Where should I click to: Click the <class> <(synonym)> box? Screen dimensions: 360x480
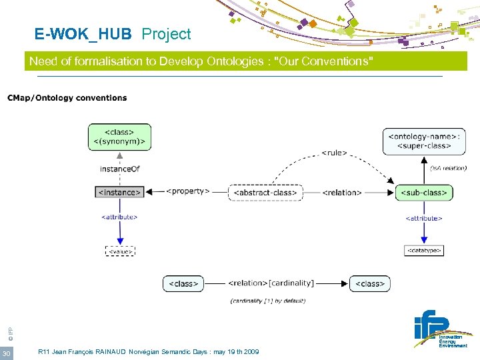pyautogui.click(x=120, y=137)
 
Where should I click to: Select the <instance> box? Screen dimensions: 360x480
pyautogui.click(x=120, y=192)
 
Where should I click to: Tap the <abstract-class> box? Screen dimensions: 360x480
pyautogui.click(x=265, y=193)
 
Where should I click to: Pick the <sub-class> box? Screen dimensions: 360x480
pyautogui.click(x=424, y=193)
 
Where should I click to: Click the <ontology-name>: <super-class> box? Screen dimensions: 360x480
pyautogui.click(x=424, y=141)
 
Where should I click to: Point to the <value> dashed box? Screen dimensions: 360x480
pyautogui.click(x=120, y=251)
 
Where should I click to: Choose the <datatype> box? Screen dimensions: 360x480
pyautogui.click(x=424, y=251)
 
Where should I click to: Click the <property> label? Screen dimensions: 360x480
pyautogui.click(x=187, y=191)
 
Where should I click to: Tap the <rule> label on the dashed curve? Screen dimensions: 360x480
pyautogui.click(x=334, y=153)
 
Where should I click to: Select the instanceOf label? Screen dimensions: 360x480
pyautogui.click(x=120, y=169)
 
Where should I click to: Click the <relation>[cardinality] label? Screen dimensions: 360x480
pyautogui.click(x=271, y=283)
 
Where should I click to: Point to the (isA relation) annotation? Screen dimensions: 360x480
pyautogui.click(x=448, y=168)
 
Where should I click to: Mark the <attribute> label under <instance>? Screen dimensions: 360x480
pyautogui.click(x=119, y=217)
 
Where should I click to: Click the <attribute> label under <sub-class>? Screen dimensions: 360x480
pyautogui.click(x=424, y=218)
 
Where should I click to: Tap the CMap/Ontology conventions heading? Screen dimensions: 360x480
pyautogui.click(x=67, y=98)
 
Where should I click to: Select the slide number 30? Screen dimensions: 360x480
pyautogui.click(x=6, y=353)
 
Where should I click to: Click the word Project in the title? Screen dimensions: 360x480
pyautogui.click(x=166, y=34)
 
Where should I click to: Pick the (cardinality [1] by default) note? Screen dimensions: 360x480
pyautogui.click(x=268, y=301)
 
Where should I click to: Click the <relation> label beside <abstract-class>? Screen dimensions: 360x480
pyautogui.click(x=342, y=193)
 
